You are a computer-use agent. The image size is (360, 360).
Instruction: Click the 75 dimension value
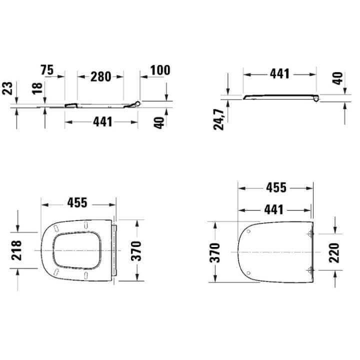[47, 70]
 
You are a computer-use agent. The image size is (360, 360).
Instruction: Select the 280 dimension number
[100, 76]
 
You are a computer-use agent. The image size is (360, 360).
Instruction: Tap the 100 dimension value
[160, 70]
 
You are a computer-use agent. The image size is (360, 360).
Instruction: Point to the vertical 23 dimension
[7, 89]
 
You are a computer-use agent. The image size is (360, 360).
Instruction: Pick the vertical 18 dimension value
[36, 89]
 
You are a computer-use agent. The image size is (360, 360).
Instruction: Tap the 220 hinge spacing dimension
[333, 252]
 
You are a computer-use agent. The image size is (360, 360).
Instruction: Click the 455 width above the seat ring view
[77, 203]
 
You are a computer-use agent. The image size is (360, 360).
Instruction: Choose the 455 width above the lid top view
[276, 187]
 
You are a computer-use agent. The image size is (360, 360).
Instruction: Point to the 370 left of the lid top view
[214, 253]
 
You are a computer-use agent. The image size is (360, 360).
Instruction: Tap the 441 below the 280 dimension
[102, 122]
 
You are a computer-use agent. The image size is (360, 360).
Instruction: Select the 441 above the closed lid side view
[279, 74]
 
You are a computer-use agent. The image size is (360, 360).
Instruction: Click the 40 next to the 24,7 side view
[338, 78]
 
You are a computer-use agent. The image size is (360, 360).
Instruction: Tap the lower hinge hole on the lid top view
[310, 270]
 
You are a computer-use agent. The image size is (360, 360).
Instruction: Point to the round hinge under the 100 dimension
[138, 103]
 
